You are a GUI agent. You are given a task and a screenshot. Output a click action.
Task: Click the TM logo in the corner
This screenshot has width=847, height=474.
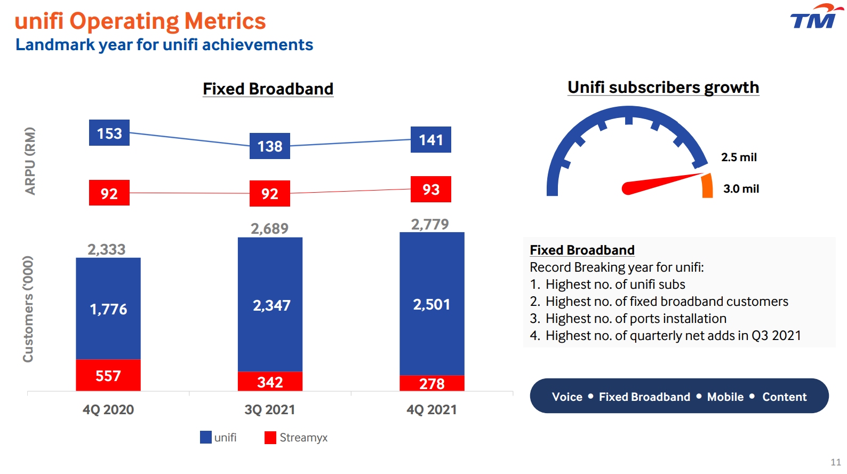(x=815, y=17)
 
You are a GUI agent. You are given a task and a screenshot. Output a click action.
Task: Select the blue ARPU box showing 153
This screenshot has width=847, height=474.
(x=109, y=133)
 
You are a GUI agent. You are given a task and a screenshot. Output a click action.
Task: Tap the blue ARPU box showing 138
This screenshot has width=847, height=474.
(x=270, y=146)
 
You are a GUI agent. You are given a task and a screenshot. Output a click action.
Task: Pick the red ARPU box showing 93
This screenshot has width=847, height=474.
(x=430, y=189)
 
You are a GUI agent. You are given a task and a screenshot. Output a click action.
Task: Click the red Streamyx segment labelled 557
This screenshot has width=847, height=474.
(x=108, y=375)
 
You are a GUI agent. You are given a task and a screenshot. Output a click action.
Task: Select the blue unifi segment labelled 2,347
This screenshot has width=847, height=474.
(x=270, y=305)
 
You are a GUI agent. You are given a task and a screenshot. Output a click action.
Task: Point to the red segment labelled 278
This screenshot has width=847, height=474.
(x=432, y=383)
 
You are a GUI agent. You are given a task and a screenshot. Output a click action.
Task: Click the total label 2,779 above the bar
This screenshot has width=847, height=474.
(x=430, y=224)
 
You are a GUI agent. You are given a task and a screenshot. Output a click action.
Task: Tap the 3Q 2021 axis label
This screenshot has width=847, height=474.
(x=270, y=409)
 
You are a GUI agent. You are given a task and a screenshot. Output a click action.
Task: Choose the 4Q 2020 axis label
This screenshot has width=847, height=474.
(x=108, y=409)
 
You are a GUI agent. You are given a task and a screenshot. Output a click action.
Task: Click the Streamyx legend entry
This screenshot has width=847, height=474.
(x=297, y=438)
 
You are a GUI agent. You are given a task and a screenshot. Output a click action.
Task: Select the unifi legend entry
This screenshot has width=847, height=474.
(x=219, y=438)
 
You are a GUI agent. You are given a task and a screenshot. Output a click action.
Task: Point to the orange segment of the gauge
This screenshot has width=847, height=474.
(x=707, y=186)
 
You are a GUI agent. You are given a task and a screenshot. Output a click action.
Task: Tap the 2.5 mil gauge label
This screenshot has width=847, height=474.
(x=739, y=157)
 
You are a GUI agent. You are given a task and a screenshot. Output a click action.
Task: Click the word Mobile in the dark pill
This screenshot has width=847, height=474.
(x=725, y=397)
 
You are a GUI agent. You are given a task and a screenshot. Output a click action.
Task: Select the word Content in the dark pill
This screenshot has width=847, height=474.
(x=784, y=397)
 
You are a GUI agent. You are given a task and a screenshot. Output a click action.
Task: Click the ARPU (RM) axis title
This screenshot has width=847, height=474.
(x=30, y=161)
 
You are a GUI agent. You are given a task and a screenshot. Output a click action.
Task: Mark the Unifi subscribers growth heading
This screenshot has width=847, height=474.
(x=663, y=87)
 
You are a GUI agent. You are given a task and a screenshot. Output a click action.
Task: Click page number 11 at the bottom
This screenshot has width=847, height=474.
(x=835, y=462)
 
